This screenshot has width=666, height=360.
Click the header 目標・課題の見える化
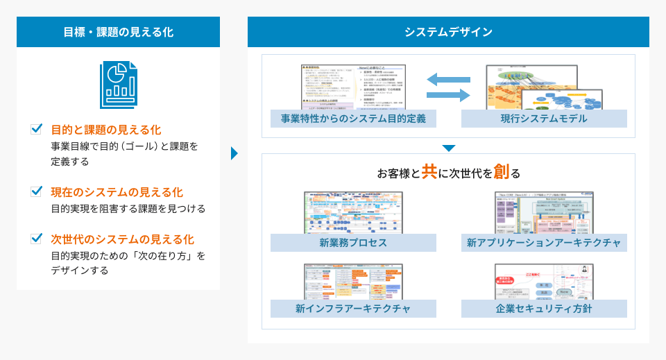pyautogui.click(x=118, y=32)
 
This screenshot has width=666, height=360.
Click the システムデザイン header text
pyautogui.click(x=448, y=32)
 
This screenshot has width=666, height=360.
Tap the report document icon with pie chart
pyautogui.click(x=118, y=83)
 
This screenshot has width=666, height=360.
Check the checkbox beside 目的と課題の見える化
pyautogui.click(x=37, y=130)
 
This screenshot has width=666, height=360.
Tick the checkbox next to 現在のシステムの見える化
pyautogui.click(x=37, y=191)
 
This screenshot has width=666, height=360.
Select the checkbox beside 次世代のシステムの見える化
pyautogui.click(x=37, y=239)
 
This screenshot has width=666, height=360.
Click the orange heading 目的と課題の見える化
pyautogui.click(x=105, y=130)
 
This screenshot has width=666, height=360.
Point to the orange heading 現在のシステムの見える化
pyautogui.click(x=117, y=191)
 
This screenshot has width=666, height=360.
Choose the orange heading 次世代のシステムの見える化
pyautogui.click(x=122, y=239)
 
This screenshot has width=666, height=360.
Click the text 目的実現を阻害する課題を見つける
pyautogui.click(x=128, y=208)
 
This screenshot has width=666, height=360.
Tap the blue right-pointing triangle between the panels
pyautogui.click(x=234, y=153)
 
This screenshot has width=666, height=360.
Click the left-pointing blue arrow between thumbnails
pyautogui.click(x=448, y=80)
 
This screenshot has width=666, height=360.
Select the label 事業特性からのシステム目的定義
pyautogui.click(x=353, y=119)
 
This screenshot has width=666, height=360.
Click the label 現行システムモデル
pyautogui.click(x=544, y=119)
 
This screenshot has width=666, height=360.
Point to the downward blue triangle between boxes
pyautogui.click(x=448, y=148)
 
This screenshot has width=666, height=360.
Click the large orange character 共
pyautogui.click(x=429, y=172)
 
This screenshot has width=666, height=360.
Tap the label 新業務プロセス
pyautogui.click(x=353, y=243)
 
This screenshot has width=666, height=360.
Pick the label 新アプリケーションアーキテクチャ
pyautogui.click(x=544, y=243)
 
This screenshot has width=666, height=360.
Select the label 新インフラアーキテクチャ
pyautogui.click(x=353, y=309)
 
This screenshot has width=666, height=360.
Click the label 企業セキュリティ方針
pyautogui.click(x=544, y=309)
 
